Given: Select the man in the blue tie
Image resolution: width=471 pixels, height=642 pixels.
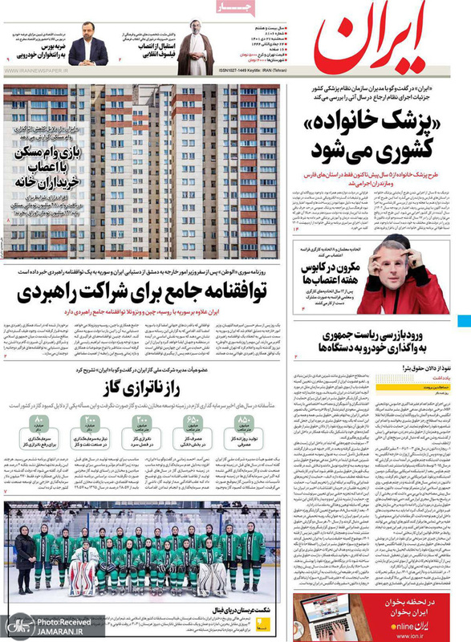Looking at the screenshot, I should (x=88, y=49).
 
